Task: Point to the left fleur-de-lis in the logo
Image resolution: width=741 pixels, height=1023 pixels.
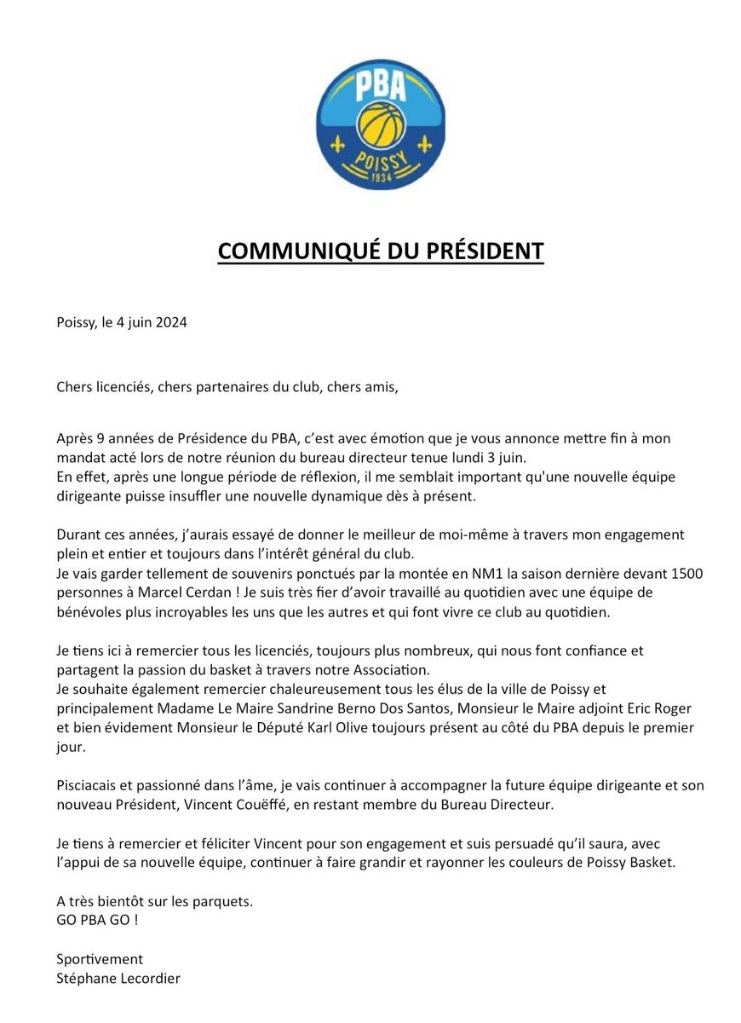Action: point(339,143)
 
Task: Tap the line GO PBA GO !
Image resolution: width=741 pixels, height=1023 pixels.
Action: point(96,919)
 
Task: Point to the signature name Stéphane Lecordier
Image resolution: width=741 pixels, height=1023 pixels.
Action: point(118,978)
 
